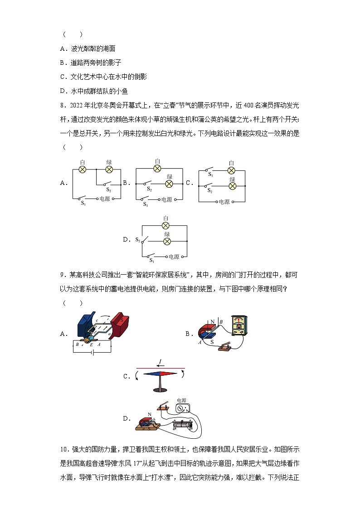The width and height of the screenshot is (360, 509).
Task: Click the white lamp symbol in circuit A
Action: pos(83,169)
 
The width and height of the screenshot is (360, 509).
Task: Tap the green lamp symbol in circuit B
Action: pos(169,184)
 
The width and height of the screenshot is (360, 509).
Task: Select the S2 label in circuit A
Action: pos(109,190)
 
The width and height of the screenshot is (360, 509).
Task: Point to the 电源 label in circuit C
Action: pos(224,202)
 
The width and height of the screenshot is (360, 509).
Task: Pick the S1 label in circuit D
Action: pos(151,260)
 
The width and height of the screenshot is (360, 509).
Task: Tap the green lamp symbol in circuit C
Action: pos(232,186)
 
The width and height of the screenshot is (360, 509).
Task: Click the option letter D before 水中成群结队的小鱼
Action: pos(63,91)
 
